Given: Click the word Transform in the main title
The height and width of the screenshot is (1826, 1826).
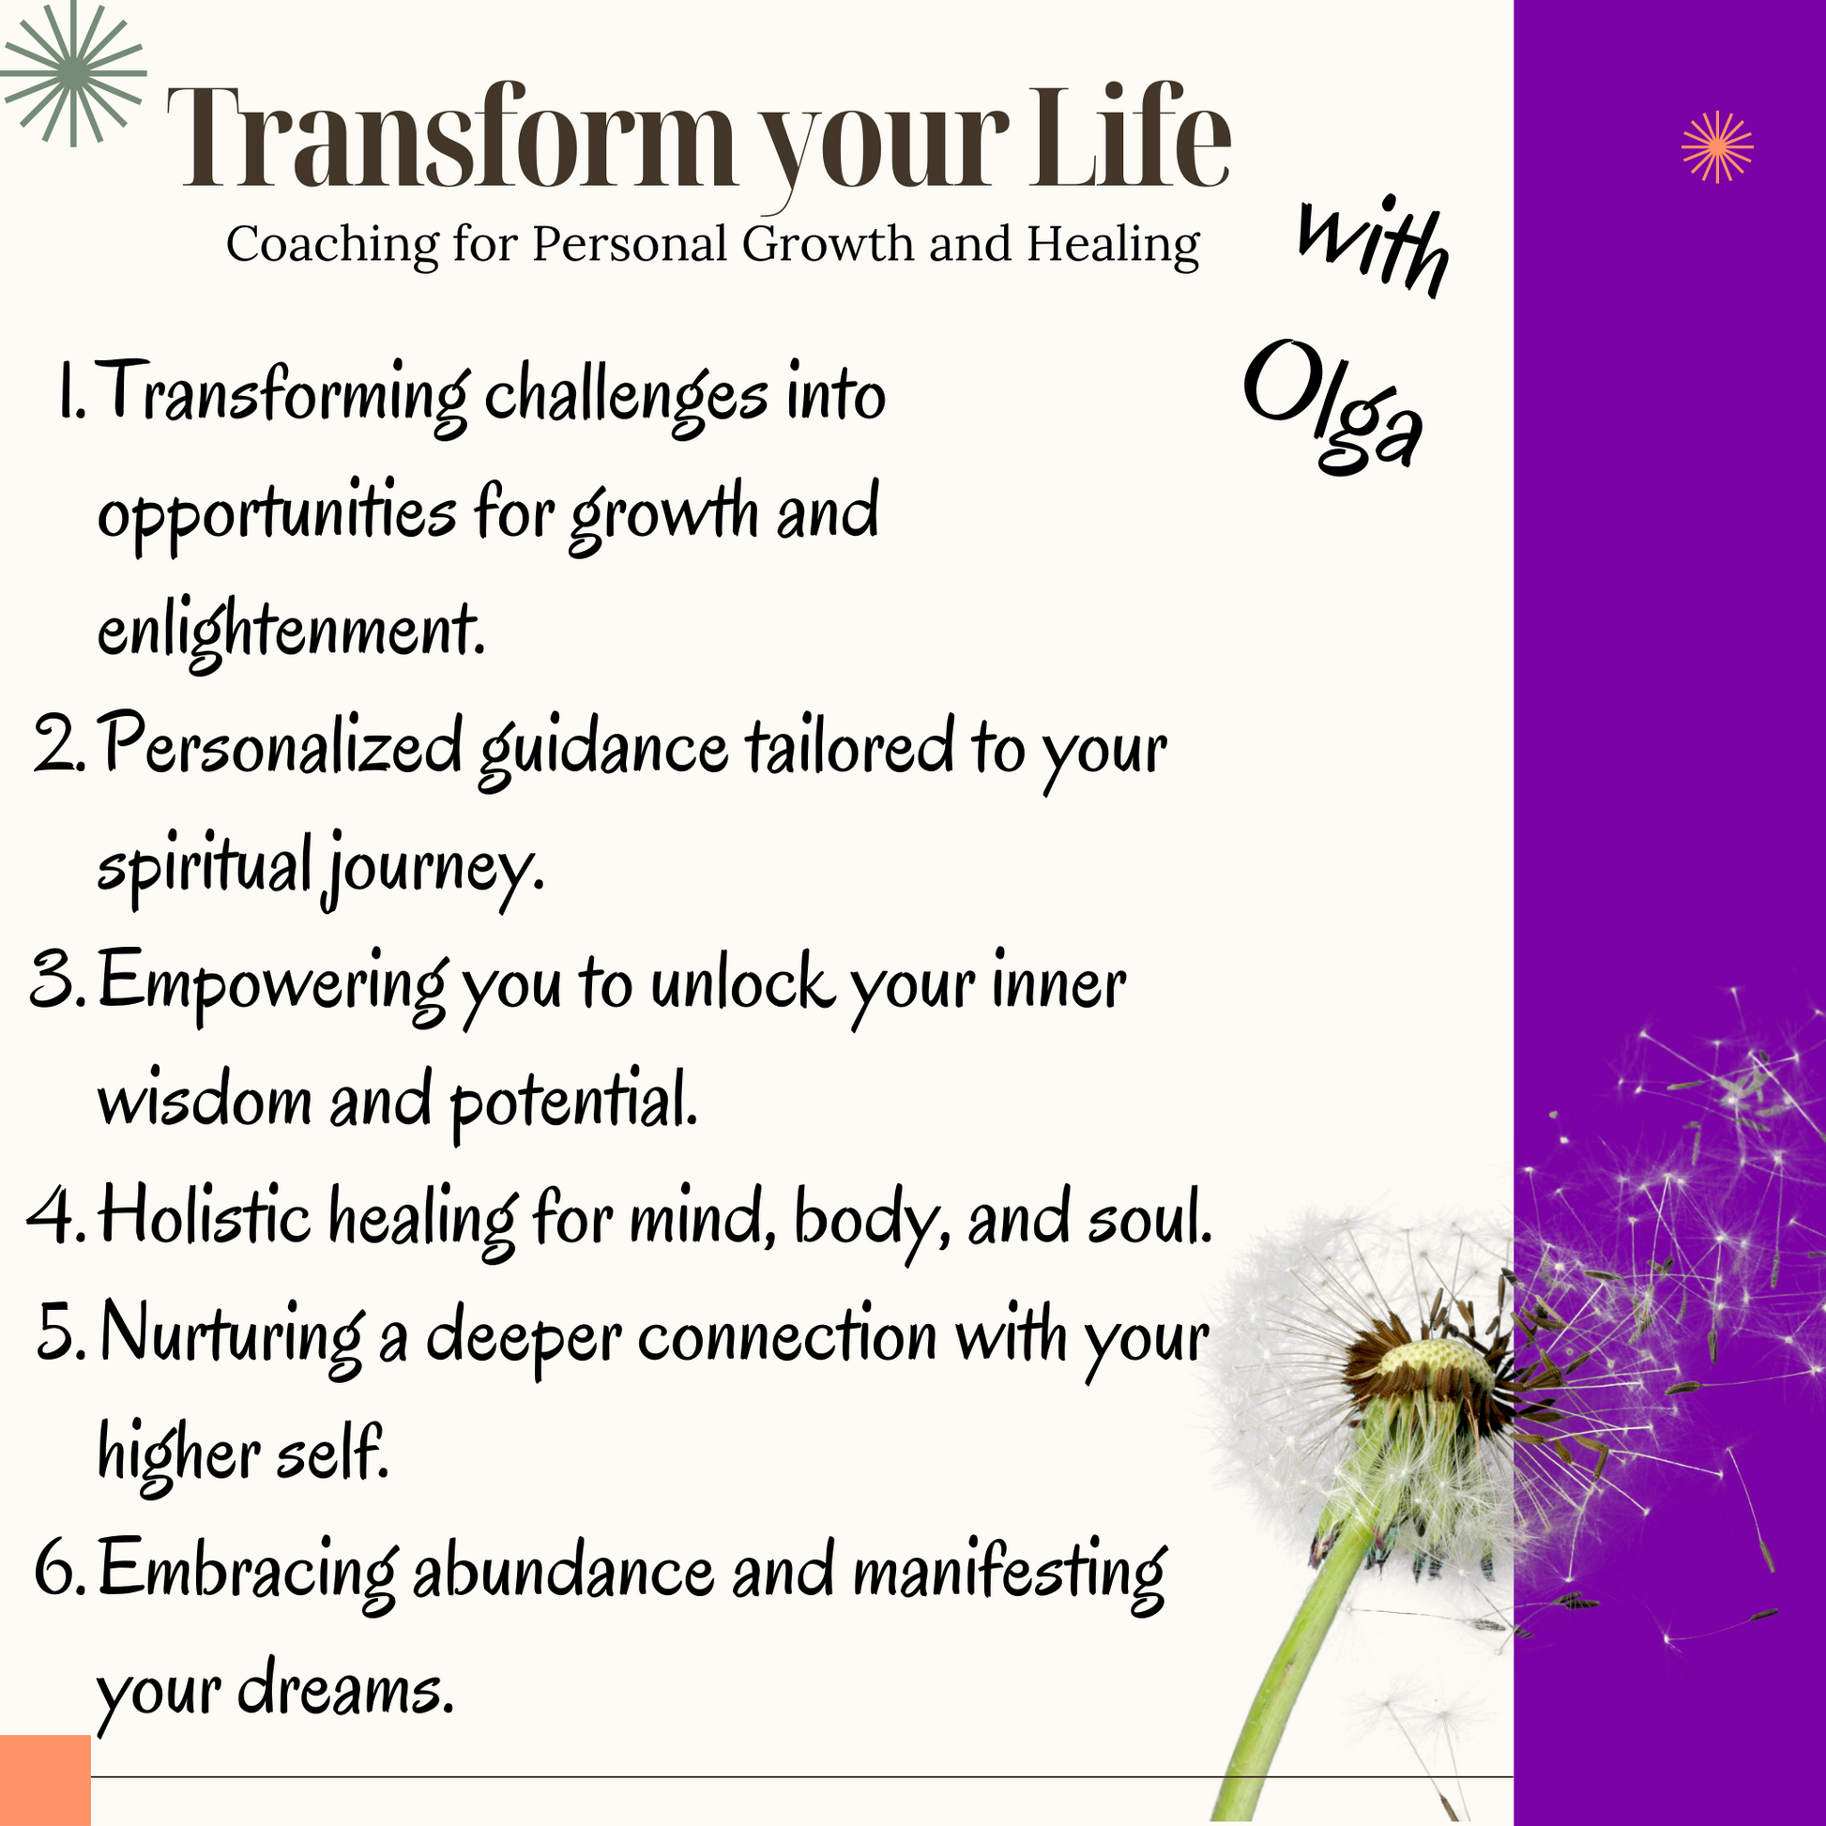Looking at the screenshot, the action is coord(450,137).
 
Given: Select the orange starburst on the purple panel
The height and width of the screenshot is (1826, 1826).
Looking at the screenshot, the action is coord(1717,146).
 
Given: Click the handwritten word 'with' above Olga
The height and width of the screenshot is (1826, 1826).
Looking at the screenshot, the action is coord(1373,247).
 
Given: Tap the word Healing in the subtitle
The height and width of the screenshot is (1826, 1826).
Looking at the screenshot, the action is coord(1114,245).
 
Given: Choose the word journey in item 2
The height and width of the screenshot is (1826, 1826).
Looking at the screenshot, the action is coord(434,867).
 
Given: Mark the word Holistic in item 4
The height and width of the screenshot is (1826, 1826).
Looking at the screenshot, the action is coord(205,1215).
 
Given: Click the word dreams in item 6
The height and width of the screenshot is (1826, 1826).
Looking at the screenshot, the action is coord(345,1689).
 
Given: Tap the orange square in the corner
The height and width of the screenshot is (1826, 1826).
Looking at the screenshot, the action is coord(45,1781).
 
